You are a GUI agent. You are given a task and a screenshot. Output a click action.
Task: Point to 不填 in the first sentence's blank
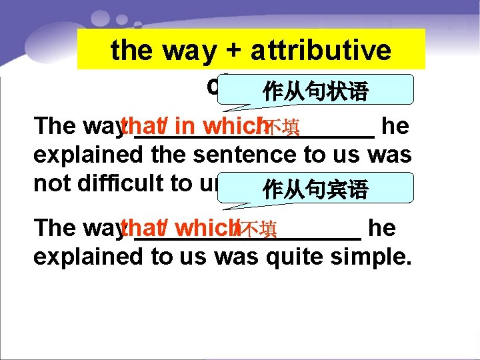tap(281, 127)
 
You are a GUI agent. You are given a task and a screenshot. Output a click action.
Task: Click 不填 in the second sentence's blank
tap(257, 229)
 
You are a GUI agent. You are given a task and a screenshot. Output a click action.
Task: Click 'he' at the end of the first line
tap(397, 126)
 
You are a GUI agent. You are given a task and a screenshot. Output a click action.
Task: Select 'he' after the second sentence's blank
tap(382, 228)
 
